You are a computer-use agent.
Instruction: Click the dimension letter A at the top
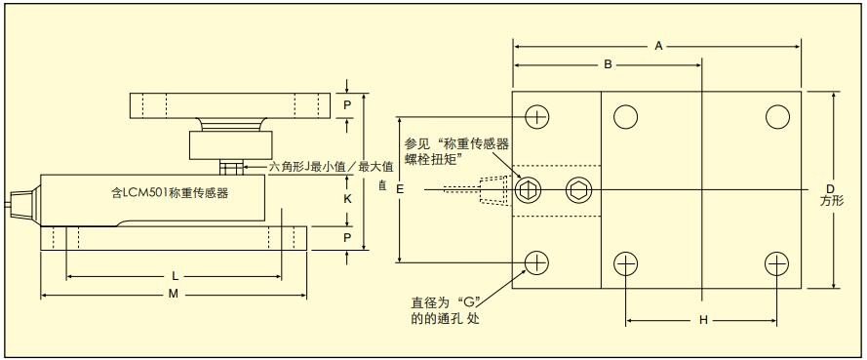pos(660,46)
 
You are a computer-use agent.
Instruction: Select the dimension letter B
pos(607,65)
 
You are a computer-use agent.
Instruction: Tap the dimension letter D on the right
pos(830,187)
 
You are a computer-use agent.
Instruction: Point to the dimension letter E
pos(400,190)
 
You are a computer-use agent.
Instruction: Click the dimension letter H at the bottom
pos(702,320)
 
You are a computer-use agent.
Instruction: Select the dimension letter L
pos(174,277)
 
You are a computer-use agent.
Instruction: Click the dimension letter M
pos(174,294)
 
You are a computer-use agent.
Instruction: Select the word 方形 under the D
pos(831,201)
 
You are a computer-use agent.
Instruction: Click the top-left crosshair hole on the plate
pos(536,117)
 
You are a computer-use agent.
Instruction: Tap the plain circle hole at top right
pos(776,117)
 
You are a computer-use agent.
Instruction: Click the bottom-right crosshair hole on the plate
pos(776,262)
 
